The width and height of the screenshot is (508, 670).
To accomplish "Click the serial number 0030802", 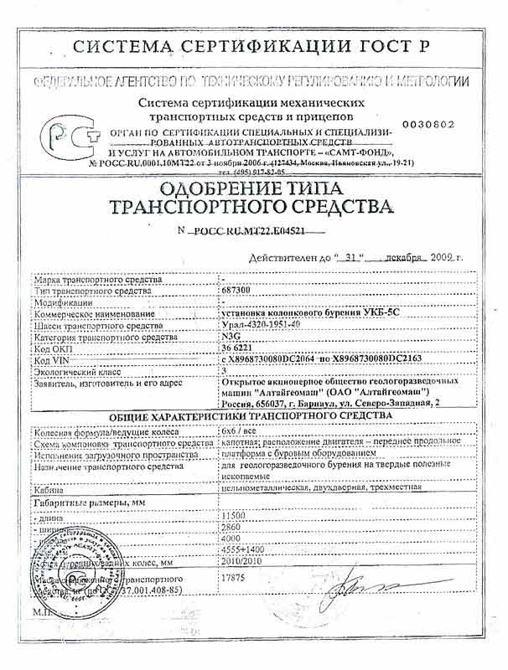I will click(428, 124).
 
